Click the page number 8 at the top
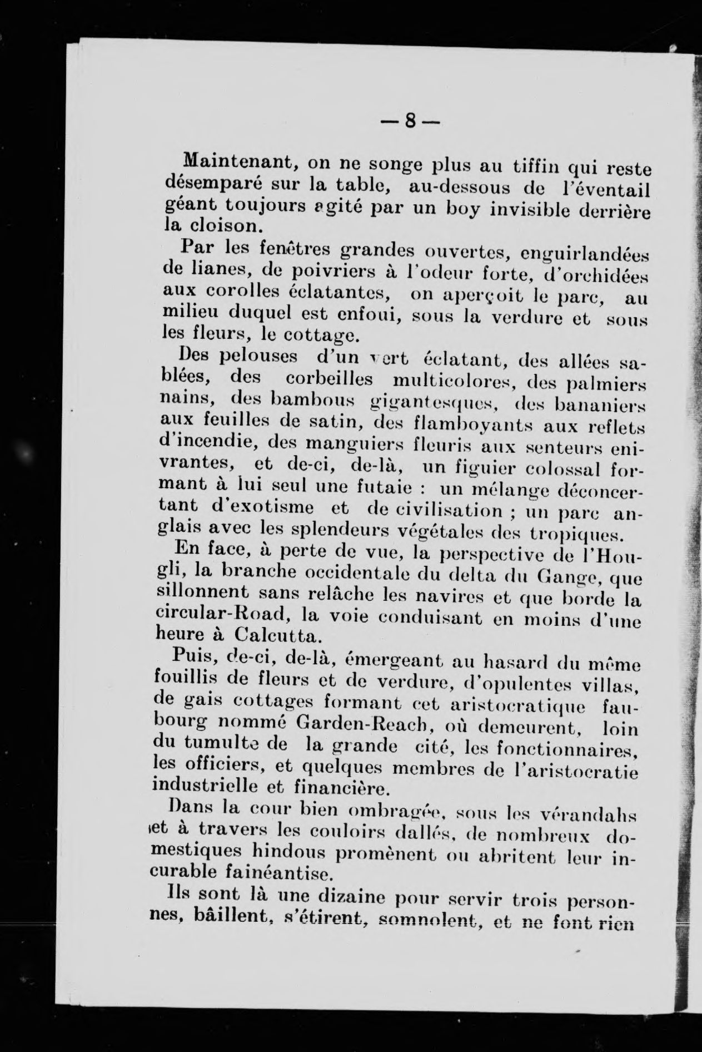(x=411, y=120)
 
